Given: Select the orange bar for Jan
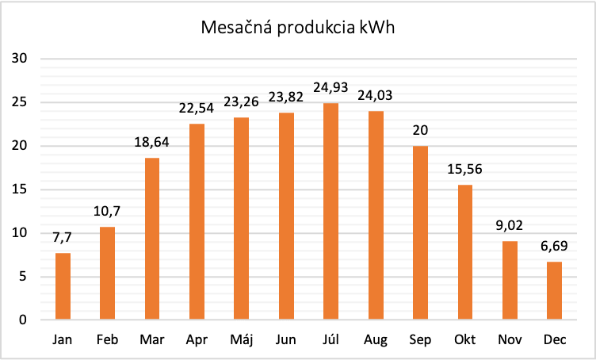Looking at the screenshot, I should pos(63,286).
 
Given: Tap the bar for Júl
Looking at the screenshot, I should pos(330,211).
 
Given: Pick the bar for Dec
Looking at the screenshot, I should pos(554,290).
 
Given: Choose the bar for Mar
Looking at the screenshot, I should pos(152,239).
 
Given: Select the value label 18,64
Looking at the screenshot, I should pos(152,143).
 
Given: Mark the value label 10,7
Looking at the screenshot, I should pos(107,211).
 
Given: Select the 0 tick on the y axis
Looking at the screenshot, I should pos(23,320).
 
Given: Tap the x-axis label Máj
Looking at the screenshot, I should pos(241,339).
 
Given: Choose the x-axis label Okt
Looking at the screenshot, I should pos(464,339).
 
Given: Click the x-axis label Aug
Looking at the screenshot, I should pos(375,339).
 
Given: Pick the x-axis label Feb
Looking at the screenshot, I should pos(107,339).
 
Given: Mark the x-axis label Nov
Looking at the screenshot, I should pos(510,339).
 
